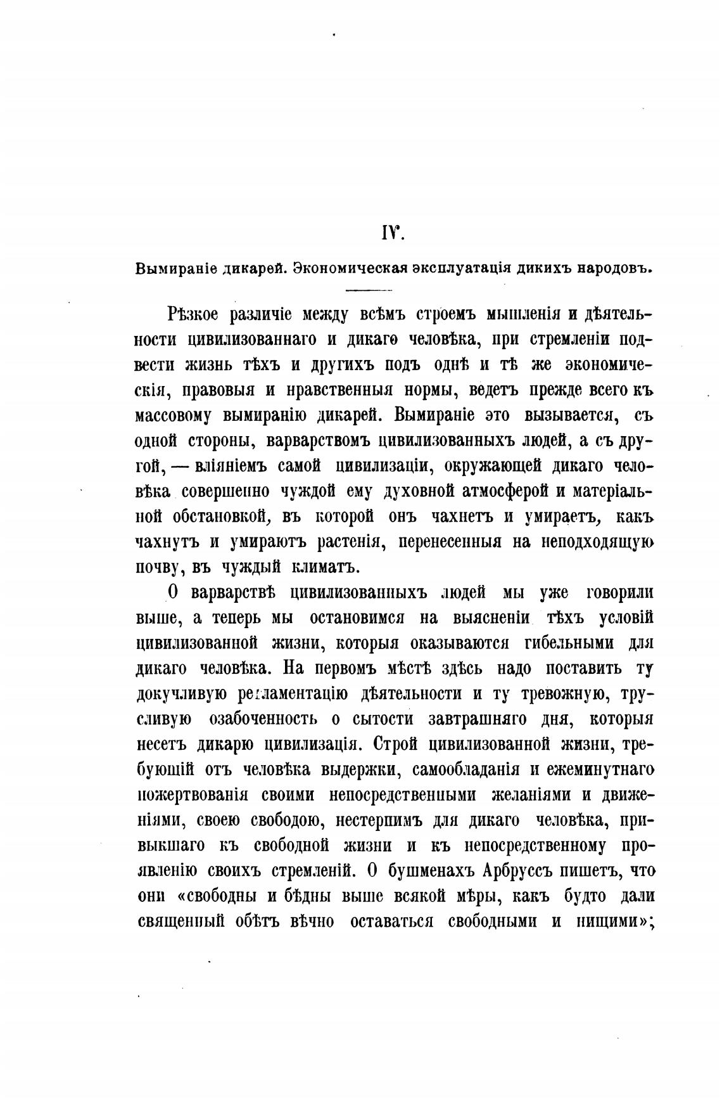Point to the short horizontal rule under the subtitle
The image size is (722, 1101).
click(370, 291)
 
